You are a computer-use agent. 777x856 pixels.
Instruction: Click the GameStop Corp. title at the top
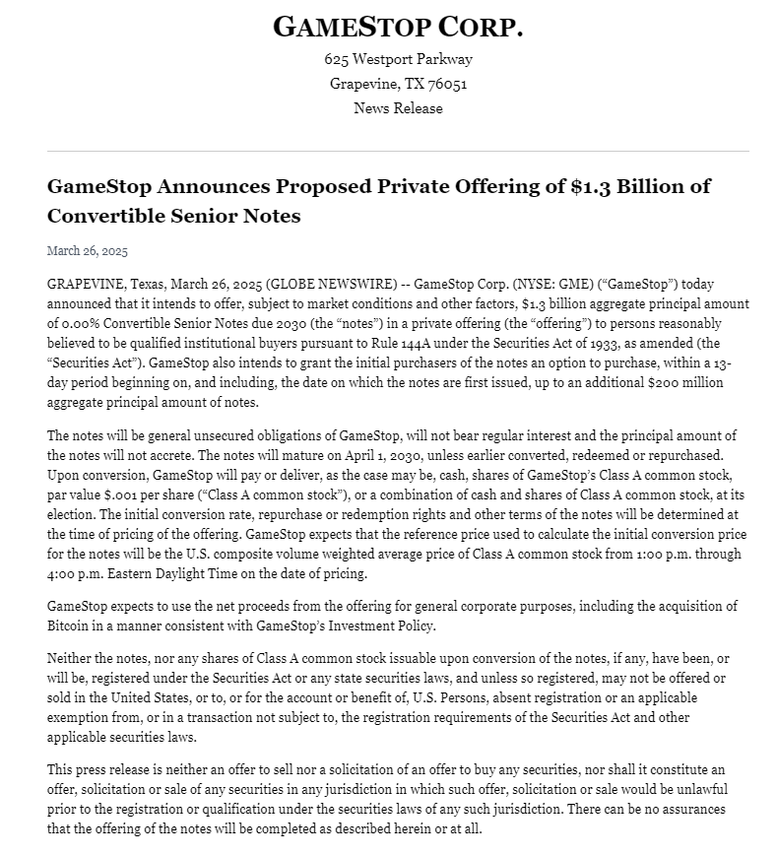pyautogui.click(x=398, y=27)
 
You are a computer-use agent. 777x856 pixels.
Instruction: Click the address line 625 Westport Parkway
pyautogui.click(x=398, y=59)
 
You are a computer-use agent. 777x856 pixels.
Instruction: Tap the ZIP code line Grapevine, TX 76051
pyautogui.click(x=398, y=84)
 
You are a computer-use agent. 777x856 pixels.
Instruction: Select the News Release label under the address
pyautogui.click(x=398, y=108)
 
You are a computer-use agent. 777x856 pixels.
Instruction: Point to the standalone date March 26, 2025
pyautogui.click(x=88, y=251)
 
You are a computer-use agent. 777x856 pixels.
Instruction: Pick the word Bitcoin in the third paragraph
pyautogui.click(x=70, y=626)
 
